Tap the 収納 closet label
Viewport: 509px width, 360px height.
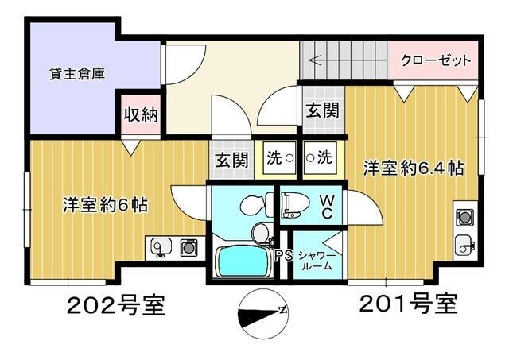point(139,114)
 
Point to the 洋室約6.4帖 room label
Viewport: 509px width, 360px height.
point(414,168)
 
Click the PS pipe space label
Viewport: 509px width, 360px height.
point(282,257)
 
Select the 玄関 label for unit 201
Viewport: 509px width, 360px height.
point(321,110)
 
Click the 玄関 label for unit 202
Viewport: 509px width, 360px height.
point(229,159)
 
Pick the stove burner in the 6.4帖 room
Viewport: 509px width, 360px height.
point(463,216)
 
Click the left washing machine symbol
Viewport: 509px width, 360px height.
point(278,157)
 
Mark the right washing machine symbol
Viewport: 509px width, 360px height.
point(320,157)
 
